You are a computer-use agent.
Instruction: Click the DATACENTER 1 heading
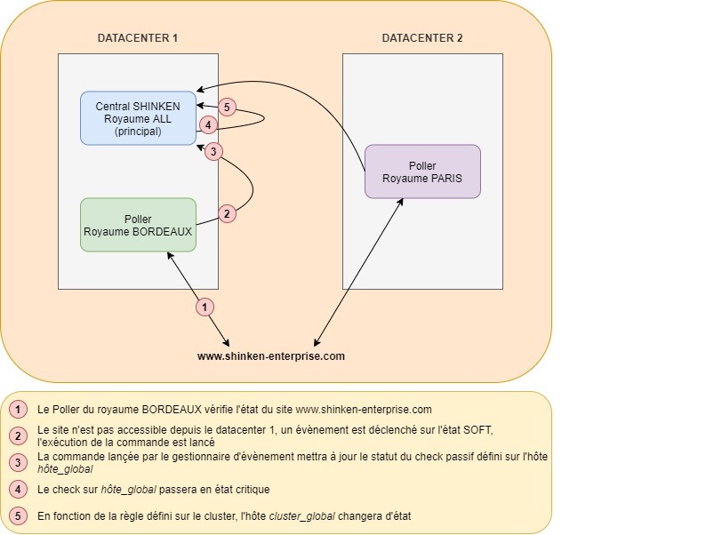(138, 38)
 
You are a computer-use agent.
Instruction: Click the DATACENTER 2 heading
(422, 38)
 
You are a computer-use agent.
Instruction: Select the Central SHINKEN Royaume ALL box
(138, 118)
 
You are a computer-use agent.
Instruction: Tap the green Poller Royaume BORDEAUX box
(138, 225)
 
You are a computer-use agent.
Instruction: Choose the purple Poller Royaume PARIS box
(422, 172)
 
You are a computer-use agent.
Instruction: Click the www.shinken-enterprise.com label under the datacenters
(270, 355)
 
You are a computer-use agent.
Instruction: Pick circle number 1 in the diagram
(205, 307)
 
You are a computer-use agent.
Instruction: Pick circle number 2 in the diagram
(227, 213)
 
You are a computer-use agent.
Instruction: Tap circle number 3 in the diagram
(213, 152)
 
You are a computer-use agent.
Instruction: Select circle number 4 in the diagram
(208, 125)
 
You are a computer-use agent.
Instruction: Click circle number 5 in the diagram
(228, 108)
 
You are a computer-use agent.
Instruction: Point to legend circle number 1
(19, 410)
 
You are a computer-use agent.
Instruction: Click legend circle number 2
(19, 435)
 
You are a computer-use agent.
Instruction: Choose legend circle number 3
(19, 462)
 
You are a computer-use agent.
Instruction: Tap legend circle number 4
(19, 489)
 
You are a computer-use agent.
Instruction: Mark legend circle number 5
(19, 515)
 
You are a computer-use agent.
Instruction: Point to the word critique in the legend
(248, 489)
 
